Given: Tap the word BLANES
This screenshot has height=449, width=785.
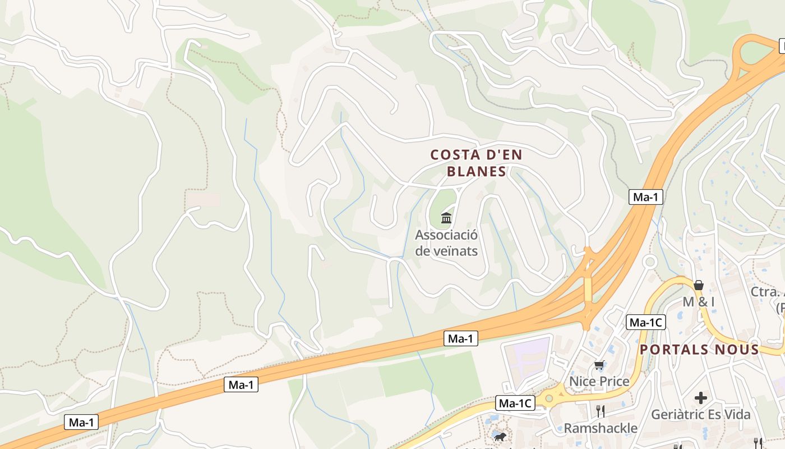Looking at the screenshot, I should [477, 171].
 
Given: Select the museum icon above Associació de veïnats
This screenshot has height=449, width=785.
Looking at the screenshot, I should [446, 218].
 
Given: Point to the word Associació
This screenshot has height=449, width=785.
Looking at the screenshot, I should [446, 235].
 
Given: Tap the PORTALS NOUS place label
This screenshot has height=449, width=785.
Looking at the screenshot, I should [699, 349].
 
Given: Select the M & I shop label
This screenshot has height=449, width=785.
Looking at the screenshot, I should [698, 301].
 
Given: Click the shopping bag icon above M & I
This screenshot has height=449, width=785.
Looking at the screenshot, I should [698, 285].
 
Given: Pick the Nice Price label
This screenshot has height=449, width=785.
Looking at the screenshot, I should [599, 381].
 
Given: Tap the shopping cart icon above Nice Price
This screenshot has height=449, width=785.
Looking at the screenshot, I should [599, 365].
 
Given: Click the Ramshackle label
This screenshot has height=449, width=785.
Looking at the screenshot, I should [600, 428].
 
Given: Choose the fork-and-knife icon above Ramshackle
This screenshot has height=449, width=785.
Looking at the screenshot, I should [600, 411].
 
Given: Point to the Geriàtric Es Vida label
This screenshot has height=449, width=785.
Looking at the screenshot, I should [700, 415].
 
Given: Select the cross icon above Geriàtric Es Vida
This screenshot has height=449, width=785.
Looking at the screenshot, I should [700, 398].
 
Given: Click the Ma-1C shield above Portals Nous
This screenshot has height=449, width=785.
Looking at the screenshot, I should [646, 322].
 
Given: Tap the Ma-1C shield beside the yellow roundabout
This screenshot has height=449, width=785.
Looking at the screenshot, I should [515, 402].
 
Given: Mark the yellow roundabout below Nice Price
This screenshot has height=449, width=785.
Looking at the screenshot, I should [549, 399].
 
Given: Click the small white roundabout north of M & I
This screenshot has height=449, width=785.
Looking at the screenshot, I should [650, 262].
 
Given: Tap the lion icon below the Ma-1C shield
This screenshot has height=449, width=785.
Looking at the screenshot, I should [498, 437].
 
